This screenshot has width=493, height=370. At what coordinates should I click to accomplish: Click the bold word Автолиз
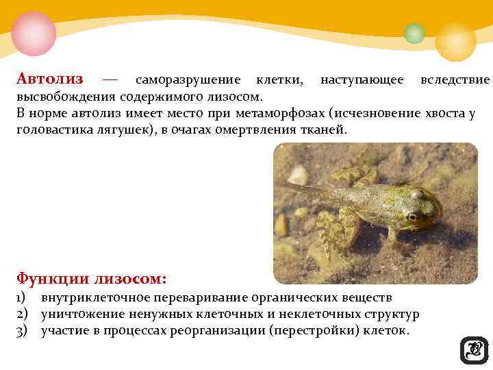(51, 79)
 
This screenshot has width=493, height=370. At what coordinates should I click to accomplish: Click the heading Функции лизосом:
(91, 279)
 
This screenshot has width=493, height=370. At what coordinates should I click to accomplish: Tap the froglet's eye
(411, 216)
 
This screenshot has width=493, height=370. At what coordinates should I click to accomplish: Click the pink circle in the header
(33, 32)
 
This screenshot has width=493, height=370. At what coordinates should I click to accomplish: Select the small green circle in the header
(414, 33)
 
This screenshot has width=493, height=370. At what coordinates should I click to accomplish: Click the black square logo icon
(474, 350)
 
